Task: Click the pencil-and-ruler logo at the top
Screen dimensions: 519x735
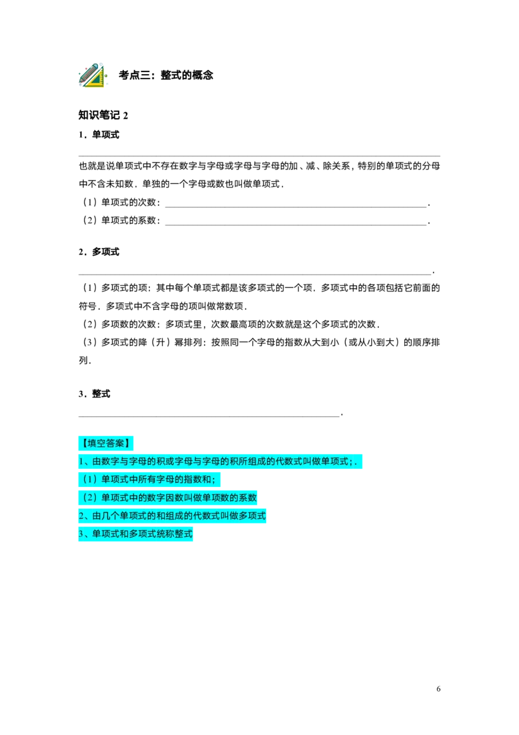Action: [x=92, y=75]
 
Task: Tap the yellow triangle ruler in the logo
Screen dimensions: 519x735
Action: [x=97, y=80]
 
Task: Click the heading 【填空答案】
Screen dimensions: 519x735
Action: [x=106, y=443]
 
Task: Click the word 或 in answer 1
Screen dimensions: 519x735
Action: [x=171, y=462]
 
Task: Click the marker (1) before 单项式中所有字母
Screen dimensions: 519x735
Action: [x=89, y=480]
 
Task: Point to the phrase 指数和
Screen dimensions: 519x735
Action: [x=197, y=480]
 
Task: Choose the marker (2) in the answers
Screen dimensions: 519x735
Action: [x=89, y=498]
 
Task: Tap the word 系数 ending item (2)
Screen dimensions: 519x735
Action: [x=248, y=498]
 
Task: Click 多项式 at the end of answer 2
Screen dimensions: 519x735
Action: [x=252, y=516]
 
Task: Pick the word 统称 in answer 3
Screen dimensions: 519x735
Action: [x=166, y=534]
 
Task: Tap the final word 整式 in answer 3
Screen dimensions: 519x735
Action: [x=184, y=534]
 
